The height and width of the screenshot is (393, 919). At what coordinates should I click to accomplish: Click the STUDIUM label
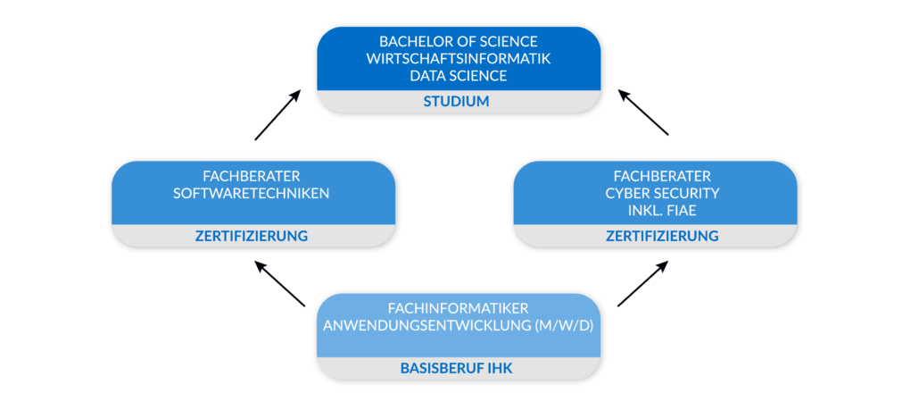tap(456, 102)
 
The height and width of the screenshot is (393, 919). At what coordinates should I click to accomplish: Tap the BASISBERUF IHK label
tap(456, 368)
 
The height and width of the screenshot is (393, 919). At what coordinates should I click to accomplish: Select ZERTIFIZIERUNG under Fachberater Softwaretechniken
tap(253, 236)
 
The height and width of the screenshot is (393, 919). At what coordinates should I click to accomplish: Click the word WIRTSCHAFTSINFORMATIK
tap(456, 59)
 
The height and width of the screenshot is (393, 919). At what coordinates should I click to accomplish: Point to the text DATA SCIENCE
tap(456, 76)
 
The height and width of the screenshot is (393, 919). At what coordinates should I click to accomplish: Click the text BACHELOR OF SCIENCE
tap(456, 42)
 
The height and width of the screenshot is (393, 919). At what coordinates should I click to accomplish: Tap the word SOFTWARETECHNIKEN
tap(253, 193)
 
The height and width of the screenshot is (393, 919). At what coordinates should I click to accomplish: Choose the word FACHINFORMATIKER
tap(456, 308)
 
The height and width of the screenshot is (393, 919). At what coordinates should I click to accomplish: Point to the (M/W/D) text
tap(564, 325)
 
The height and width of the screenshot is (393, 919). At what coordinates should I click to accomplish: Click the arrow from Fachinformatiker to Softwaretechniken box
tap(280, 284)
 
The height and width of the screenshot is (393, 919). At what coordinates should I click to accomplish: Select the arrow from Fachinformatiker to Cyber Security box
tap(642, 284)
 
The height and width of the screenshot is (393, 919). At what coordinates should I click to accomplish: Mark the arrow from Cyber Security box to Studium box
tap(644, 113)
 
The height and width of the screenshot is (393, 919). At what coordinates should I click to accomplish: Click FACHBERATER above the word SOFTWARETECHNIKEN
tap(253, 176)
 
